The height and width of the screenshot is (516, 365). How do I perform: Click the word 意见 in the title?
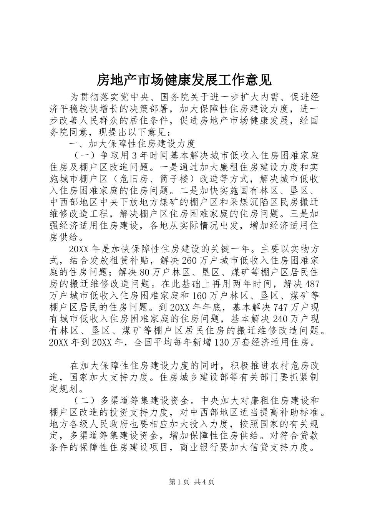pyautogui.click(x=258, y=79)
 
